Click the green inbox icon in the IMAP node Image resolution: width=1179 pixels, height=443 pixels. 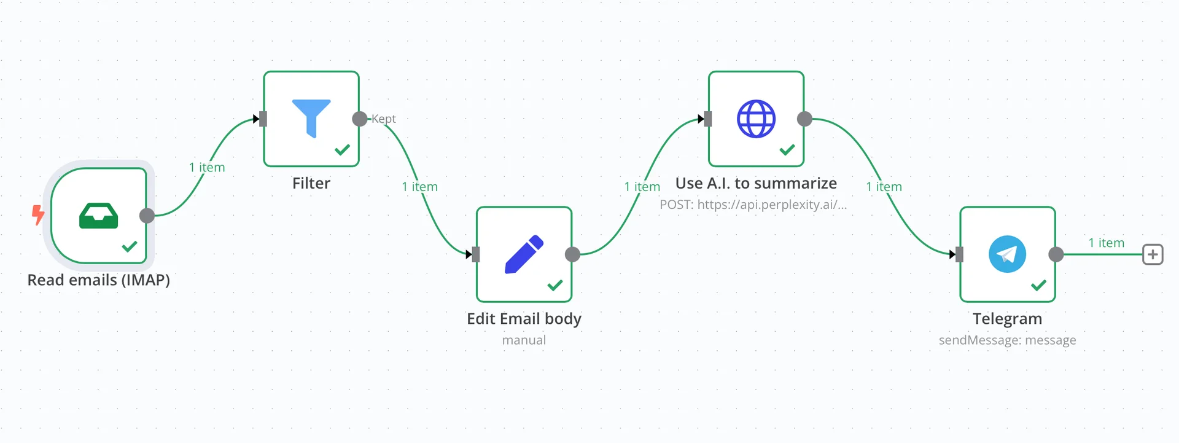pos(98,216)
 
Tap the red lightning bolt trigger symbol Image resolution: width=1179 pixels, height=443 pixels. pos(38,214)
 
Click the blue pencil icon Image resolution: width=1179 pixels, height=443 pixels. pos(524,254)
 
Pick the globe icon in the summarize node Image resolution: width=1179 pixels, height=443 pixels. pos(756,119)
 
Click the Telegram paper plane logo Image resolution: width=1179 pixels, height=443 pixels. pos(1007,254)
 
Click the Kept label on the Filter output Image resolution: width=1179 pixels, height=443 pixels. pos(384,119)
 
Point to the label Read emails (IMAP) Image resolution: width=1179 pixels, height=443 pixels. pos(99,280)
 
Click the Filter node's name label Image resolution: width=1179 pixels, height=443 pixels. pos(311,183)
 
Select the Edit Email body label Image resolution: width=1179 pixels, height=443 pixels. pos(524,319)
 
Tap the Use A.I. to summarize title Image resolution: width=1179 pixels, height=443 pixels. pos(756,183)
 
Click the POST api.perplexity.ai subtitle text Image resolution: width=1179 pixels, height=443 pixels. pos(753,205)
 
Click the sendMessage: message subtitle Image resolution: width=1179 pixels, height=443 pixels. pos(1007,340)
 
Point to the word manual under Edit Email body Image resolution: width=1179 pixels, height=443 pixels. pos(524,340)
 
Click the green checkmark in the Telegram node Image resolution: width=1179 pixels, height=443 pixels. pos(1038,285)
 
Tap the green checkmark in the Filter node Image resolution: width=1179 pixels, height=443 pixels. pos(342,149)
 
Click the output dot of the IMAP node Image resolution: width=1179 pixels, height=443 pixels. pos(147,216)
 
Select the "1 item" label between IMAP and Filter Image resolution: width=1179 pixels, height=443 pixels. pos(207,167)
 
